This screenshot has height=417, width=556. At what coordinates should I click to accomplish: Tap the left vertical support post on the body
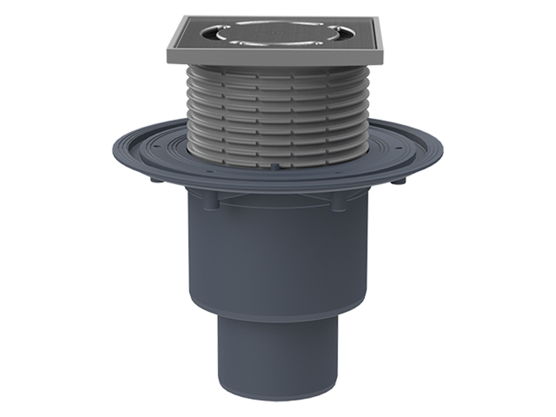[x=206, y=202]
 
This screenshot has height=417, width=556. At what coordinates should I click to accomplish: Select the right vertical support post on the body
[x=338, y=204]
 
